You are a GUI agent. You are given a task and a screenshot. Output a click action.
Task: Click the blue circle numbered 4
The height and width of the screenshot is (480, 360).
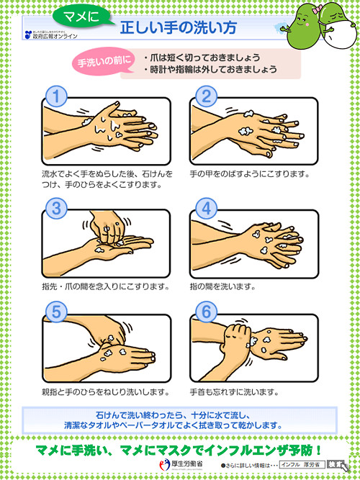click(207, 208)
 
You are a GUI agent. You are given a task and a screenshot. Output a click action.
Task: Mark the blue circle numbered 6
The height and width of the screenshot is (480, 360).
click(207, 310)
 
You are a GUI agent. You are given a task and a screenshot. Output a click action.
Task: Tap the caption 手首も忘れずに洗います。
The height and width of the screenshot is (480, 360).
click(233, 392)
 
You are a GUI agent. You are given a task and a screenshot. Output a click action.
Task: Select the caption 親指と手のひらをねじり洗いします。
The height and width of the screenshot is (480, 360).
click(107, 392)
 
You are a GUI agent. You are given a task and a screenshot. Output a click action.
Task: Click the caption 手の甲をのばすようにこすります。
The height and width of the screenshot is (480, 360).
click(249, 173)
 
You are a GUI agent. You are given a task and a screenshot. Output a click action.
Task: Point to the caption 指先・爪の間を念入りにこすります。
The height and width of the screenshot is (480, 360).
click(107, 286)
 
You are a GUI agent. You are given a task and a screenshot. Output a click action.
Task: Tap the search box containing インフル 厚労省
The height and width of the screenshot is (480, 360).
click(303, 466)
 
